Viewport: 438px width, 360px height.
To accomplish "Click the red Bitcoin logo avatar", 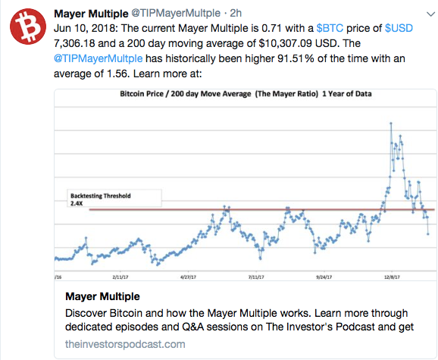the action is pos(28,27).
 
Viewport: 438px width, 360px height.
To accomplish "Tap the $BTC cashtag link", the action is pos(330,28).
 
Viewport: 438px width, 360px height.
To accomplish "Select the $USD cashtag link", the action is pos(399,28).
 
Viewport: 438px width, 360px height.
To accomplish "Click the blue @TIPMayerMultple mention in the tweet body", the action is pos(98,58).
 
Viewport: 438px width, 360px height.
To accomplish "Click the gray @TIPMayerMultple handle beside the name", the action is pos(176,13).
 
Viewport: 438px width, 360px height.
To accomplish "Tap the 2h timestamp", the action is pos(236,13).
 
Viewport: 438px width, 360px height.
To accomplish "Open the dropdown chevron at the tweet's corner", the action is pos(430,14).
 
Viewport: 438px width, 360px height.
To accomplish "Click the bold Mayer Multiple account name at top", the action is pos(91,14).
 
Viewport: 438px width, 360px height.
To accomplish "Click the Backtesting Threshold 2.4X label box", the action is pos(114,199).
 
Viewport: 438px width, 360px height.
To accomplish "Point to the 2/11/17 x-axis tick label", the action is pos(120,277).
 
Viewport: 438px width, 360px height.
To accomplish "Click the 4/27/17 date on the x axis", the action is pos(188,277).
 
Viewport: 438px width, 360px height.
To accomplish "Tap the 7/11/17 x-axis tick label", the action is pos(256,277).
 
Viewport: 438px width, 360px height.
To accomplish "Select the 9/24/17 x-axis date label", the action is pos(324,277).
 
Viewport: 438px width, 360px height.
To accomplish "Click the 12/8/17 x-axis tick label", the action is pos(392,277).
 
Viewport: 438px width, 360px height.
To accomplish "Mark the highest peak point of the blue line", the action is pos(391,124).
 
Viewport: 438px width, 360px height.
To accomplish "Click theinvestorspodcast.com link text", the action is pos(125,344).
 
